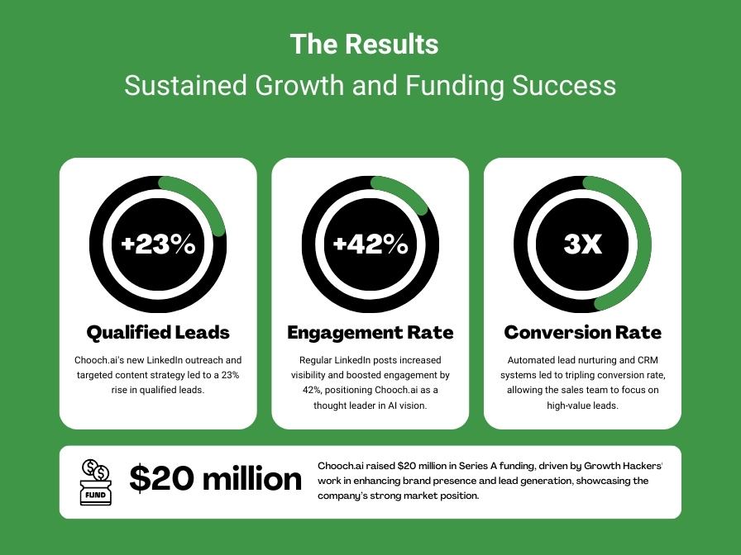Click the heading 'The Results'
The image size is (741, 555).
pos(364,44)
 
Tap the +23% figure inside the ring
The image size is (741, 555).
pos(158,244)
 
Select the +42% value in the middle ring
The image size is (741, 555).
pos(370,244)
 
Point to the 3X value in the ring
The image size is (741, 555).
pos(582,244)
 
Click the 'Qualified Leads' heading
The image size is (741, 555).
pos(158,333)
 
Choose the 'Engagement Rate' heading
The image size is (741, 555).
pos(370,333)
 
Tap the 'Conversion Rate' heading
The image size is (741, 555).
pos(582,333)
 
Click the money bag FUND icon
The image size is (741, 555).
pos(95,482)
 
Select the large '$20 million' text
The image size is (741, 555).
pos(216,479)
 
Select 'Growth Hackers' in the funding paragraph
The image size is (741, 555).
pos(628,466)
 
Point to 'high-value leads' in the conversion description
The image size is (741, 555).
pos(582,406)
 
